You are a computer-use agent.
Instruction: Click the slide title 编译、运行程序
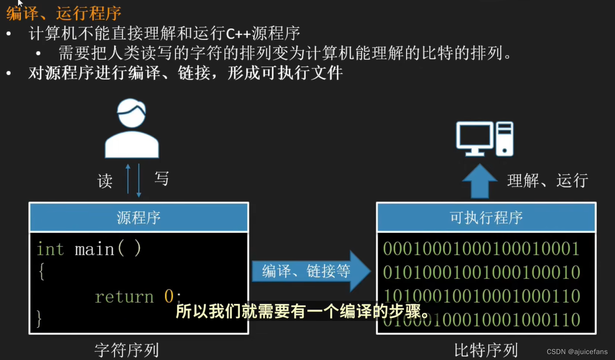64,13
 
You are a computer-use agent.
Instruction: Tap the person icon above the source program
132,128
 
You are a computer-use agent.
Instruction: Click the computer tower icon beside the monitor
505,138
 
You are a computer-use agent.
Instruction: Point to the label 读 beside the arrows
105,181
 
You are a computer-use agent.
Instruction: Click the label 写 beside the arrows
162,178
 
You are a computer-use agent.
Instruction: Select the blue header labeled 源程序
139,218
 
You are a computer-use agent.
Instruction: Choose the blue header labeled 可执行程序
486,218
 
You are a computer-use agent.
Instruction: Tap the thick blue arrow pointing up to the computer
480,181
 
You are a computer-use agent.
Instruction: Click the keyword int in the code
50,249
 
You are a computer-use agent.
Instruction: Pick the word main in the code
94,249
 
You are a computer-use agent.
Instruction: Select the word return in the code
124,297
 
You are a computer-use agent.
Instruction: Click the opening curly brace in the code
41,272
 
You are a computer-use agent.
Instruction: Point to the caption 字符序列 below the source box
127,350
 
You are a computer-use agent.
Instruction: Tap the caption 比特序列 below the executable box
486,350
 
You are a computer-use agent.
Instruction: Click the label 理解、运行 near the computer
548,181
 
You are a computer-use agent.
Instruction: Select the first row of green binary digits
481,249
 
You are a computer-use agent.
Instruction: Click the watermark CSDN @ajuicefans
577,352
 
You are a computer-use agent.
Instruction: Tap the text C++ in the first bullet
238,34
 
